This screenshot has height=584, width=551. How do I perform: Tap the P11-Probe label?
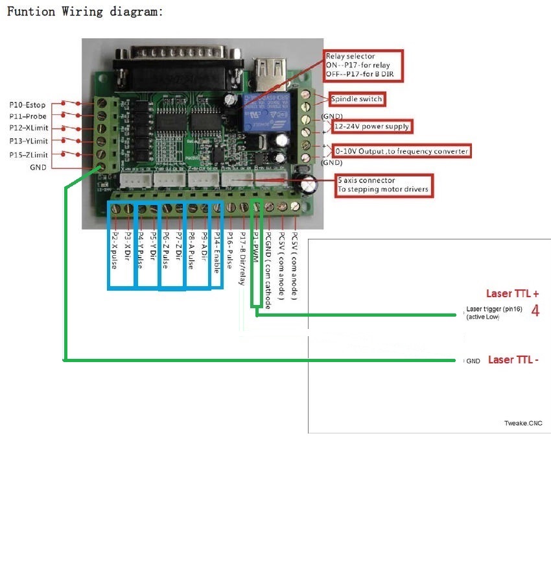tap(28, 116)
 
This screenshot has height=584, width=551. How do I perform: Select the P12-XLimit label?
tap(29, 128)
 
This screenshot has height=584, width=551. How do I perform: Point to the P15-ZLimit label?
tap(29, 154)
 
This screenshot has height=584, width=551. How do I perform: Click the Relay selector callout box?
tap(364, 66)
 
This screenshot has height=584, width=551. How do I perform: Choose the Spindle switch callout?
tap(357, 99)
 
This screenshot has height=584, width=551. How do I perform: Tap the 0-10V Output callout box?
tap(402, 151)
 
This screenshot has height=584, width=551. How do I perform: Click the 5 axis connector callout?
tap(384, 185)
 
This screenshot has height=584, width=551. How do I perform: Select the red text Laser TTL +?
tap(513, 293)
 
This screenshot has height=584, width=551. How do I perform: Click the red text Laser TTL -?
tap(513, 359)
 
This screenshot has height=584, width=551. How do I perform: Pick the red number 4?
tap(535, 311)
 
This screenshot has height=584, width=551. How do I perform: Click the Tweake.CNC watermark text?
tap(522, 424)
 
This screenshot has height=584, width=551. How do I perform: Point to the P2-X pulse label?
tap(115, 250)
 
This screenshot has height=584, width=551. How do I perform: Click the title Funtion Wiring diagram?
tap(84, 12)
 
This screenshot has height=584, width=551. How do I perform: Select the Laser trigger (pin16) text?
tap(491, 309)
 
